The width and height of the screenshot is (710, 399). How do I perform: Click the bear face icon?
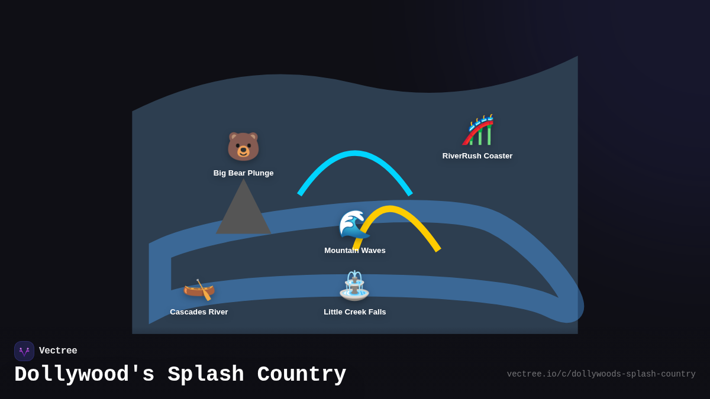[243, 146]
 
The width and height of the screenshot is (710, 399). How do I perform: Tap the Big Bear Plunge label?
[243, 173]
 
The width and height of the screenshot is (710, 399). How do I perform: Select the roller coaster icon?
[478, 130]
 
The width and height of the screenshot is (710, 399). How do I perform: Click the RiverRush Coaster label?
[477, 156]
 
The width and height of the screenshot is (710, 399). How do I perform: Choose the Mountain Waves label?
[355, 251]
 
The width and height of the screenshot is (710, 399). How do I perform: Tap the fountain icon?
[354, 286]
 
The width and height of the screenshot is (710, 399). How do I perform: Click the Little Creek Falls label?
[355, 312]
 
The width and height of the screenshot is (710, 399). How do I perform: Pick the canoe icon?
[198, 289]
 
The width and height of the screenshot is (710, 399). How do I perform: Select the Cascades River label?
[199, 312]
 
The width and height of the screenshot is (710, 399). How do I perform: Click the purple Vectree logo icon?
[24, 351]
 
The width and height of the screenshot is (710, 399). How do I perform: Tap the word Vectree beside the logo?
[58, 351]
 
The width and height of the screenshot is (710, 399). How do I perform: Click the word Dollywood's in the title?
[85, 375]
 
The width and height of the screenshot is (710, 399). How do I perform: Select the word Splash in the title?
[205, 375]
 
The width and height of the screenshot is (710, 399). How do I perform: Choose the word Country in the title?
[301, 375]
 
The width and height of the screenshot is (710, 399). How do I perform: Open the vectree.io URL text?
[601, 374]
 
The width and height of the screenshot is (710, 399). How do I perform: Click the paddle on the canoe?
[205, 290]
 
